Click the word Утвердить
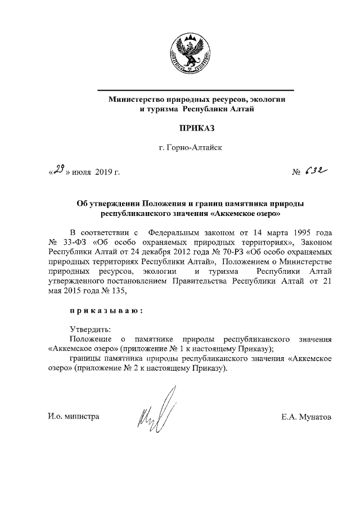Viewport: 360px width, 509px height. coord(90,329)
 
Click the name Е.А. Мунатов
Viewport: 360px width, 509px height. coord(307,417)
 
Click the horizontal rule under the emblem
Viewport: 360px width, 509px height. coord(195,91)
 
